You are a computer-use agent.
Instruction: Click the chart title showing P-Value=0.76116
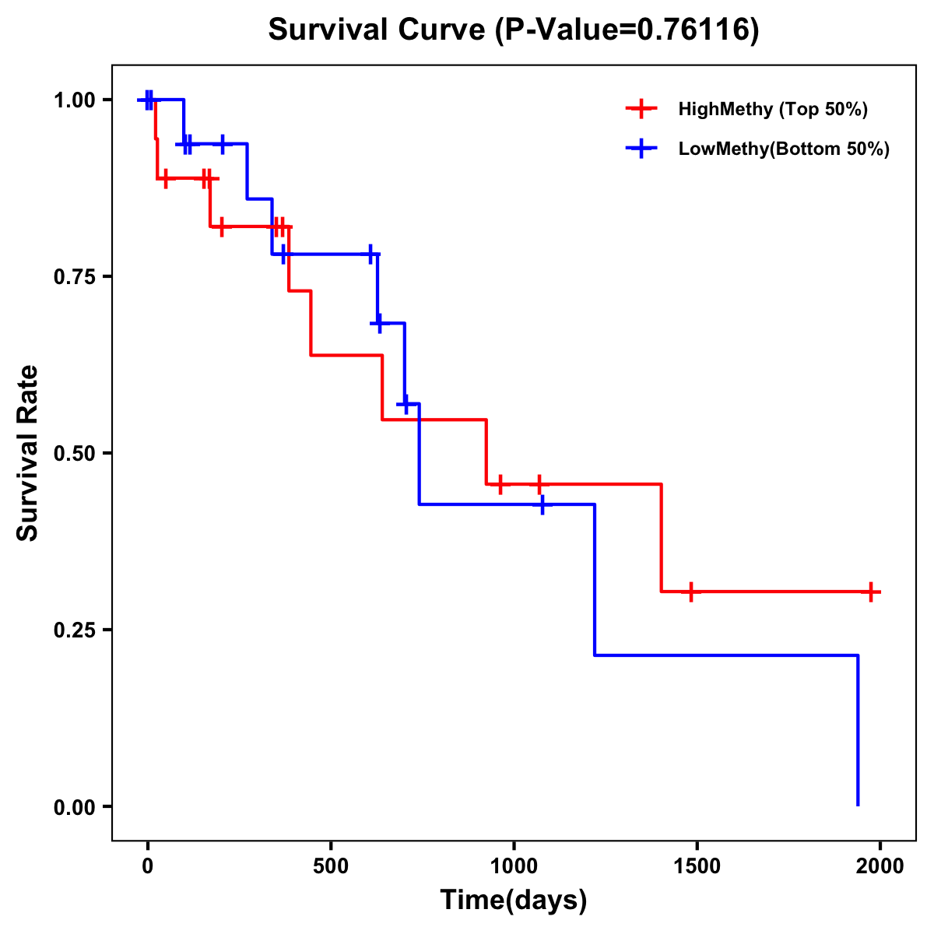(514, 30)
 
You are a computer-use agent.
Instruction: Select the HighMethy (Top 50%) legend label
(773, 109)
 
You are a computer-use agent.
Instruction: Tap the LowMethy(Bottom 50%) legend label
(784, 149)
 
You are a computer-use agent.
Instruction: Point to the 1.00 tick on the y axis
(75, 100)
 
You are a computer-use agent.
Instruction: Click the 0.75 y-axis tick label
(75, 276)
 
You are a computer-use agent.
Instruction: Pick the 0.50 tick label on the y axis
(75, 453)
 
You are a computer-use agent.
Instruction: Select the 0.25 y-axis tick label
(75, 630)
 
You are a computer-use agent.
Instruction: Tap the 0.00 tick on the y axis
(75, 806)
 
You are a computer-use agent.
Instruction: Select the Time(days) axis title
(514, 901)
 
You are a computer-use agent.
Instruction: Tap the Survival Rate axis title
(28, 453)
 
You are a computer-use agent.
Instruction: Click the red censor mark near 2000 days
(871, 592)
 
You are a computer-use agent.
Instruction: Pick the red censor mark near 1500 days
(690, 592)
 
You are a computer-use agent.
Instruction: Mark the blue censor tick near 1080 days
(542, 504)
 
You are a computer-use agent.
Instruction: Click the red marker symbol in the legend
(641, 109)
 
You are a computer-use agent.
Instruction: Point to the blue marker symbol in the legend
(641, 149)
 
